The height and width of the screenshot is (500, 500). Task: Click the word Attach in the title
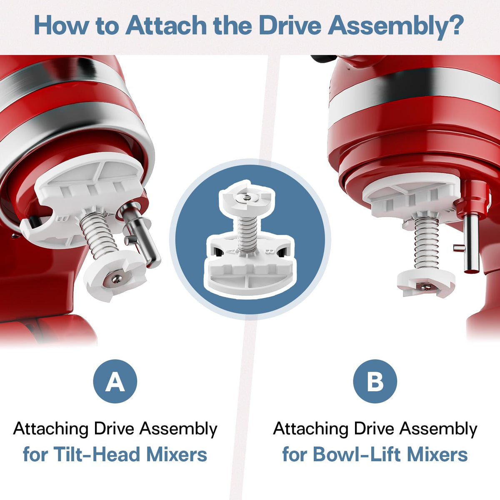pyautogui.click(x=166, y=25)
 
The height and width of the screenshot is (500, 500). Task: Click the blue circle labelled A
pyautogui.click(x=115, y=381)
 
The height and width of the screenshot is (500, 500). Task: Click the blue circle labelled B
pyautogui.click(x=375, y=381)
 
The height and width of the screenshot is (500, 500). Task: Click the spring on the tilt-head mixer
pyautogui.click(x=98, y=235)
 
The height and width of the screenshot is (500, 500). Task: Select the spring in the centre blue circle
pyautogui.click(x=247, y=235)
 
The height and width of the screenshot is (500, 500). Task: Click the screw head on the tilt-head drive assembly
pyautogui.click(x=117, y=279)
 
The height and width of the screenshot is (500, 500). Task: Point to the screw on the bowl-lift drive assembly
pyautogui.click(x=425, y=287)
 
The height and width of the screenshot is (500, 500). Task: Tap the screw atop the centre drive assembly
pyautogui.click(x=247, y=198)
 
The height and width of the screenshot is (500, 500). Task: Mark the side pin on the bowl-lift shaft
pyautogui.click(x=459, y=248)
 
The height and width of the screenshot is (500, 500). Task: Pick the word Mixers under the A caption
pyautogui.click(x=177, y=454)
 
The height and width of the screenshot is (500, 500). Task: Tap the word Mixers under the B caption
pyautogui.click(x=437, y=454)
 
